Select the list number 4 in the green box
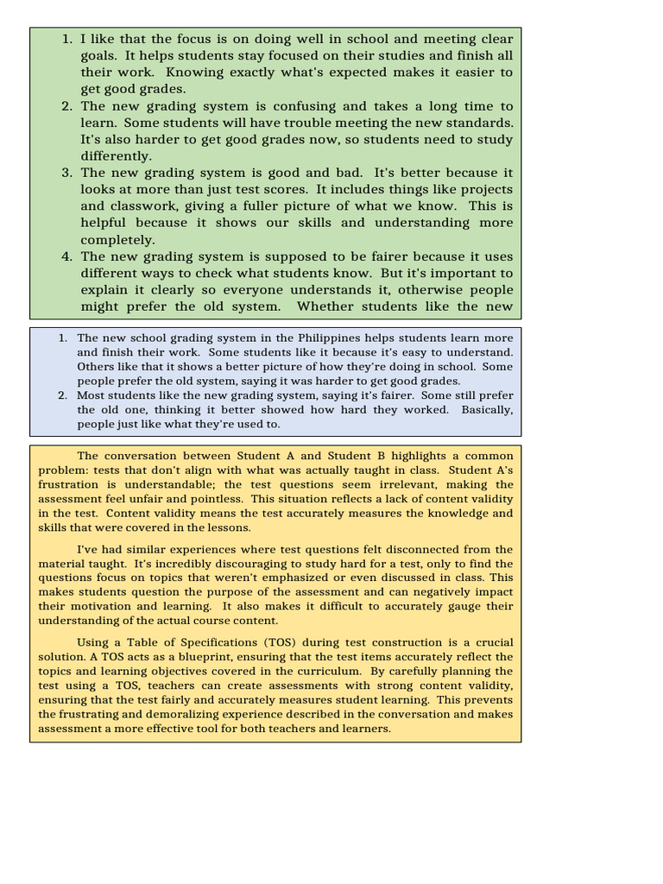point(66,256)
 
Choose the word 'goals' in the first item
point(101,56)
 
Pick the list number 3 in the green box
point(66,173)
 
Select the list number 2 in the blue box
point(63,395)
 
